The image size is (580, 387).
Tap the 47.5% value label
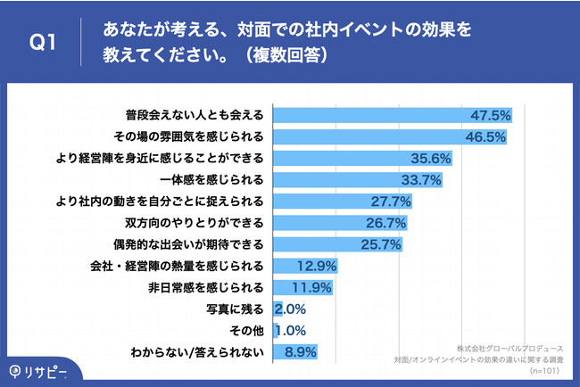(491, 115)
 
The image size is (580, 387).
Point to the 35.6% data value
(431, 159)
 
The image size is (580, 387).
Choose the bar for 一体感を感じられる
(358, 180)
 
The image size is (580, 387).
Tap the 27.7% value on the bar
(390, 202)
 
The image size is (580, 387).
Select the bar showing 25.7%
(338, 244)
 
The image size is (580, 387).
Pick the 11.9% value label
(313, 287)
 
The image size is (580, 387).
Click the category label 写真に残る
(235, 309)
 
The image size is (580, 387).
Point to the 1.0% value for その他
(291, 331)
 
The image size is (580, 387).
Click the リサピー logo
(38, 369)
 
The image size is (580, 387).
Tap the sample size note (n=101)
(544, 370)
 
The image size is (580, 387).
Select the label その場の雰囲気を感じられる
(189, 136)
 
